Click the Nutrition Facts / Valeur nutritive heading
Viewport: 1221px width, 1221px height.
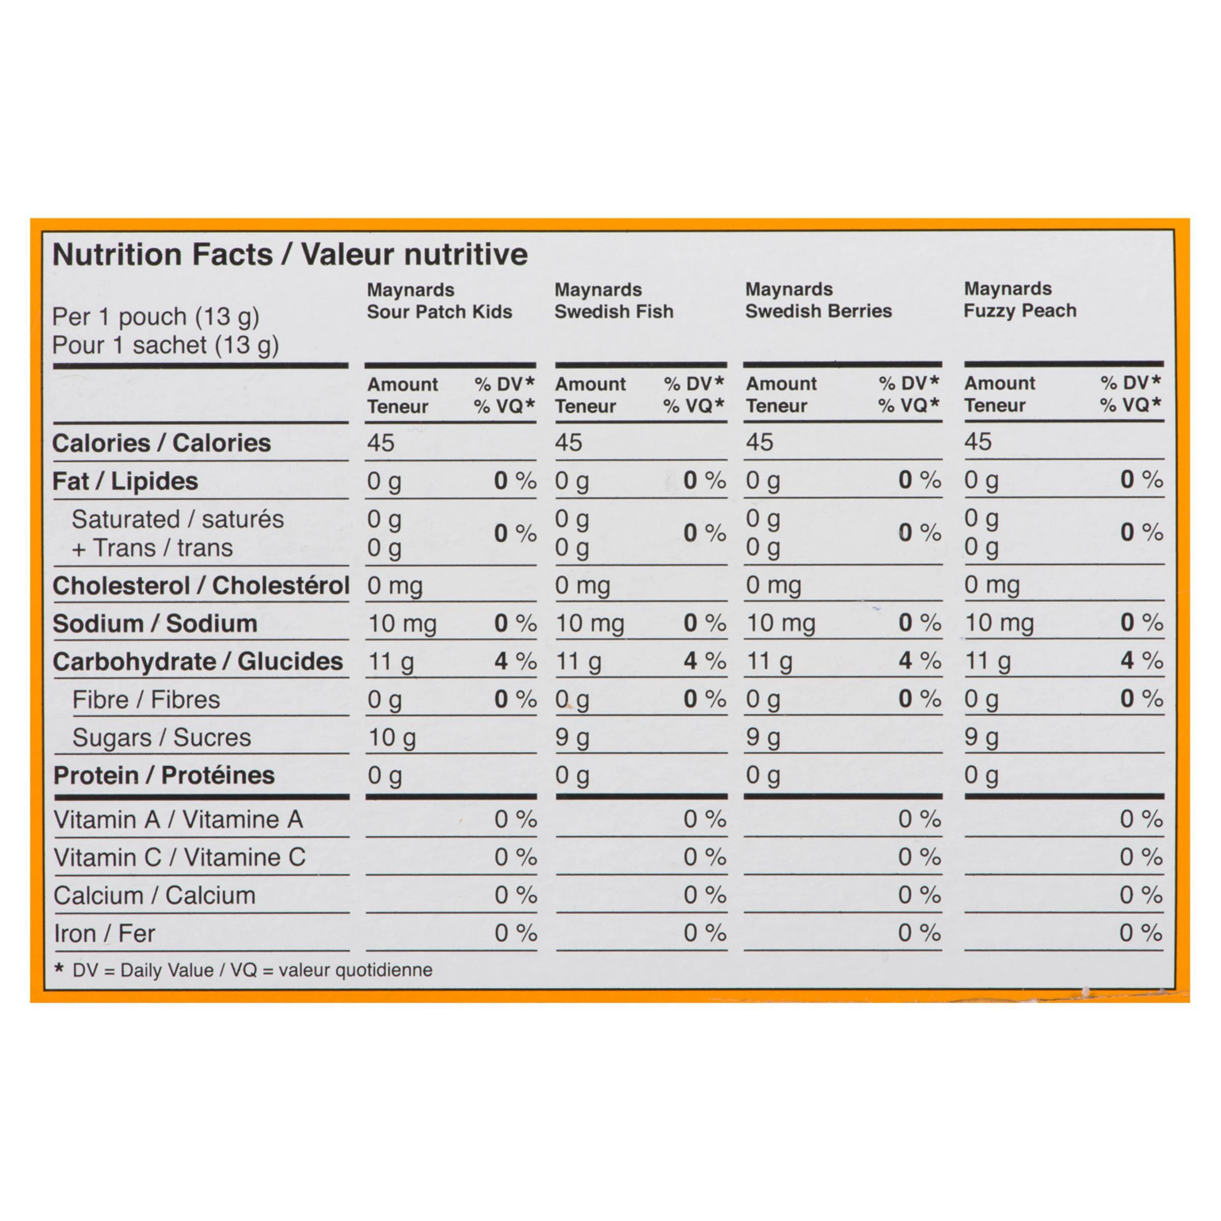click(289, 255)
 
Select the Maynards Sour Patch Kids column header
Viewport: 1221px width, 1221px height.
click(439, 301)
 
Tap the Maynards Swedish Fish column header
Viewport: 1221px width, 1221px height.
click(614, 301)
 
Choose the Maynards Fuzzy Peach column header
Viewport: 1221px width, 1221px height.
click(1020, 300)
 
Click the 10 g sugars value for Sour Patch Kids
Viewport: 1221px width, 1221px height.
click(392, 738)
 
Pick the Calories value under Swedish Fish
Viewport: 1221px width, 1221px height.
click(568, 443)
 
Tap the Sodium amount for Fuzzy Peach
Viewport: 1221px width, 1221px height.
click(999, 623)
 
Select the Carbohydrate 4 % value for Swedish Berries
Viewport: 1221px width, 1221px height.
click(919, 661)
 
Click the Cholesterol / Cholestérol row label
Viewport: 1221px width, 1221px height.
click(200, 586)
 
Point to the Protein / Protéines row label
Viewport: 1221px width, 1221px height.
click(164, 775)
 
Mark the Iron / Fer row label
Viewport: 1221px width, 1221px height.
click(104, 934)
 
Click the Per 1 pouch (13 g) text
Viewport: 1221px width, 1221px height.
click(156, 316)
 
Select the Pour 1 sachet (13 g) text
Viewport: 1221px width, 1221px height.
click(165, 345)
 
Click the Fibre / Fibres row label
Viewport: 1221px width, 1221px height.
click(146, 700)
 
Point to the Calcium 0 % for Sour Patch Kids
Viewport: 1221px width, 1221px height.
click(515, 895)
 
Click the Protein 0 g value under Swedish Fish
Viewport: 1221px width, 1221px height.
click(571, 775)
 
